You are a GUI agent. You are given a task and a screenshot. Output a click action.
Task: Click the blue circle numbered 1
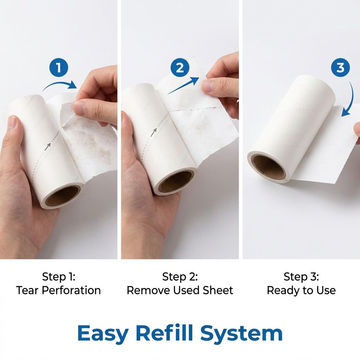point(59,68)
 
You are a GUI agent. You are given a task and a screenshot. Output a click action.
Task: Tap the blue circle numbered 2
point(180,67)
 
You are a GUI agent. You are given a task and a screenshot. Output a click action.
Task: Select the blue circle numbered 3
point(340,67)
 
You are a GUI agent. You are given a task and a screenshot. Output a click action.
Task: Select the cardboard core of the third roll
point(269,167)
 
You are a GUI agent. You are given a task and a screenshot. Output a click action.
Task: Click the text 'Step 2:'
point(180,277)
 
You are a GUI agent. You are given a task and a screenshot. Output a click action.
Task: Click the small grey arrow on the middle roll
point(154,133)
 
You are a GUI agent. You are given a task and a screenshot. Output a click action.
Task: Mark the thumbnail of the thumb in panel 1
point(80,108)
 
